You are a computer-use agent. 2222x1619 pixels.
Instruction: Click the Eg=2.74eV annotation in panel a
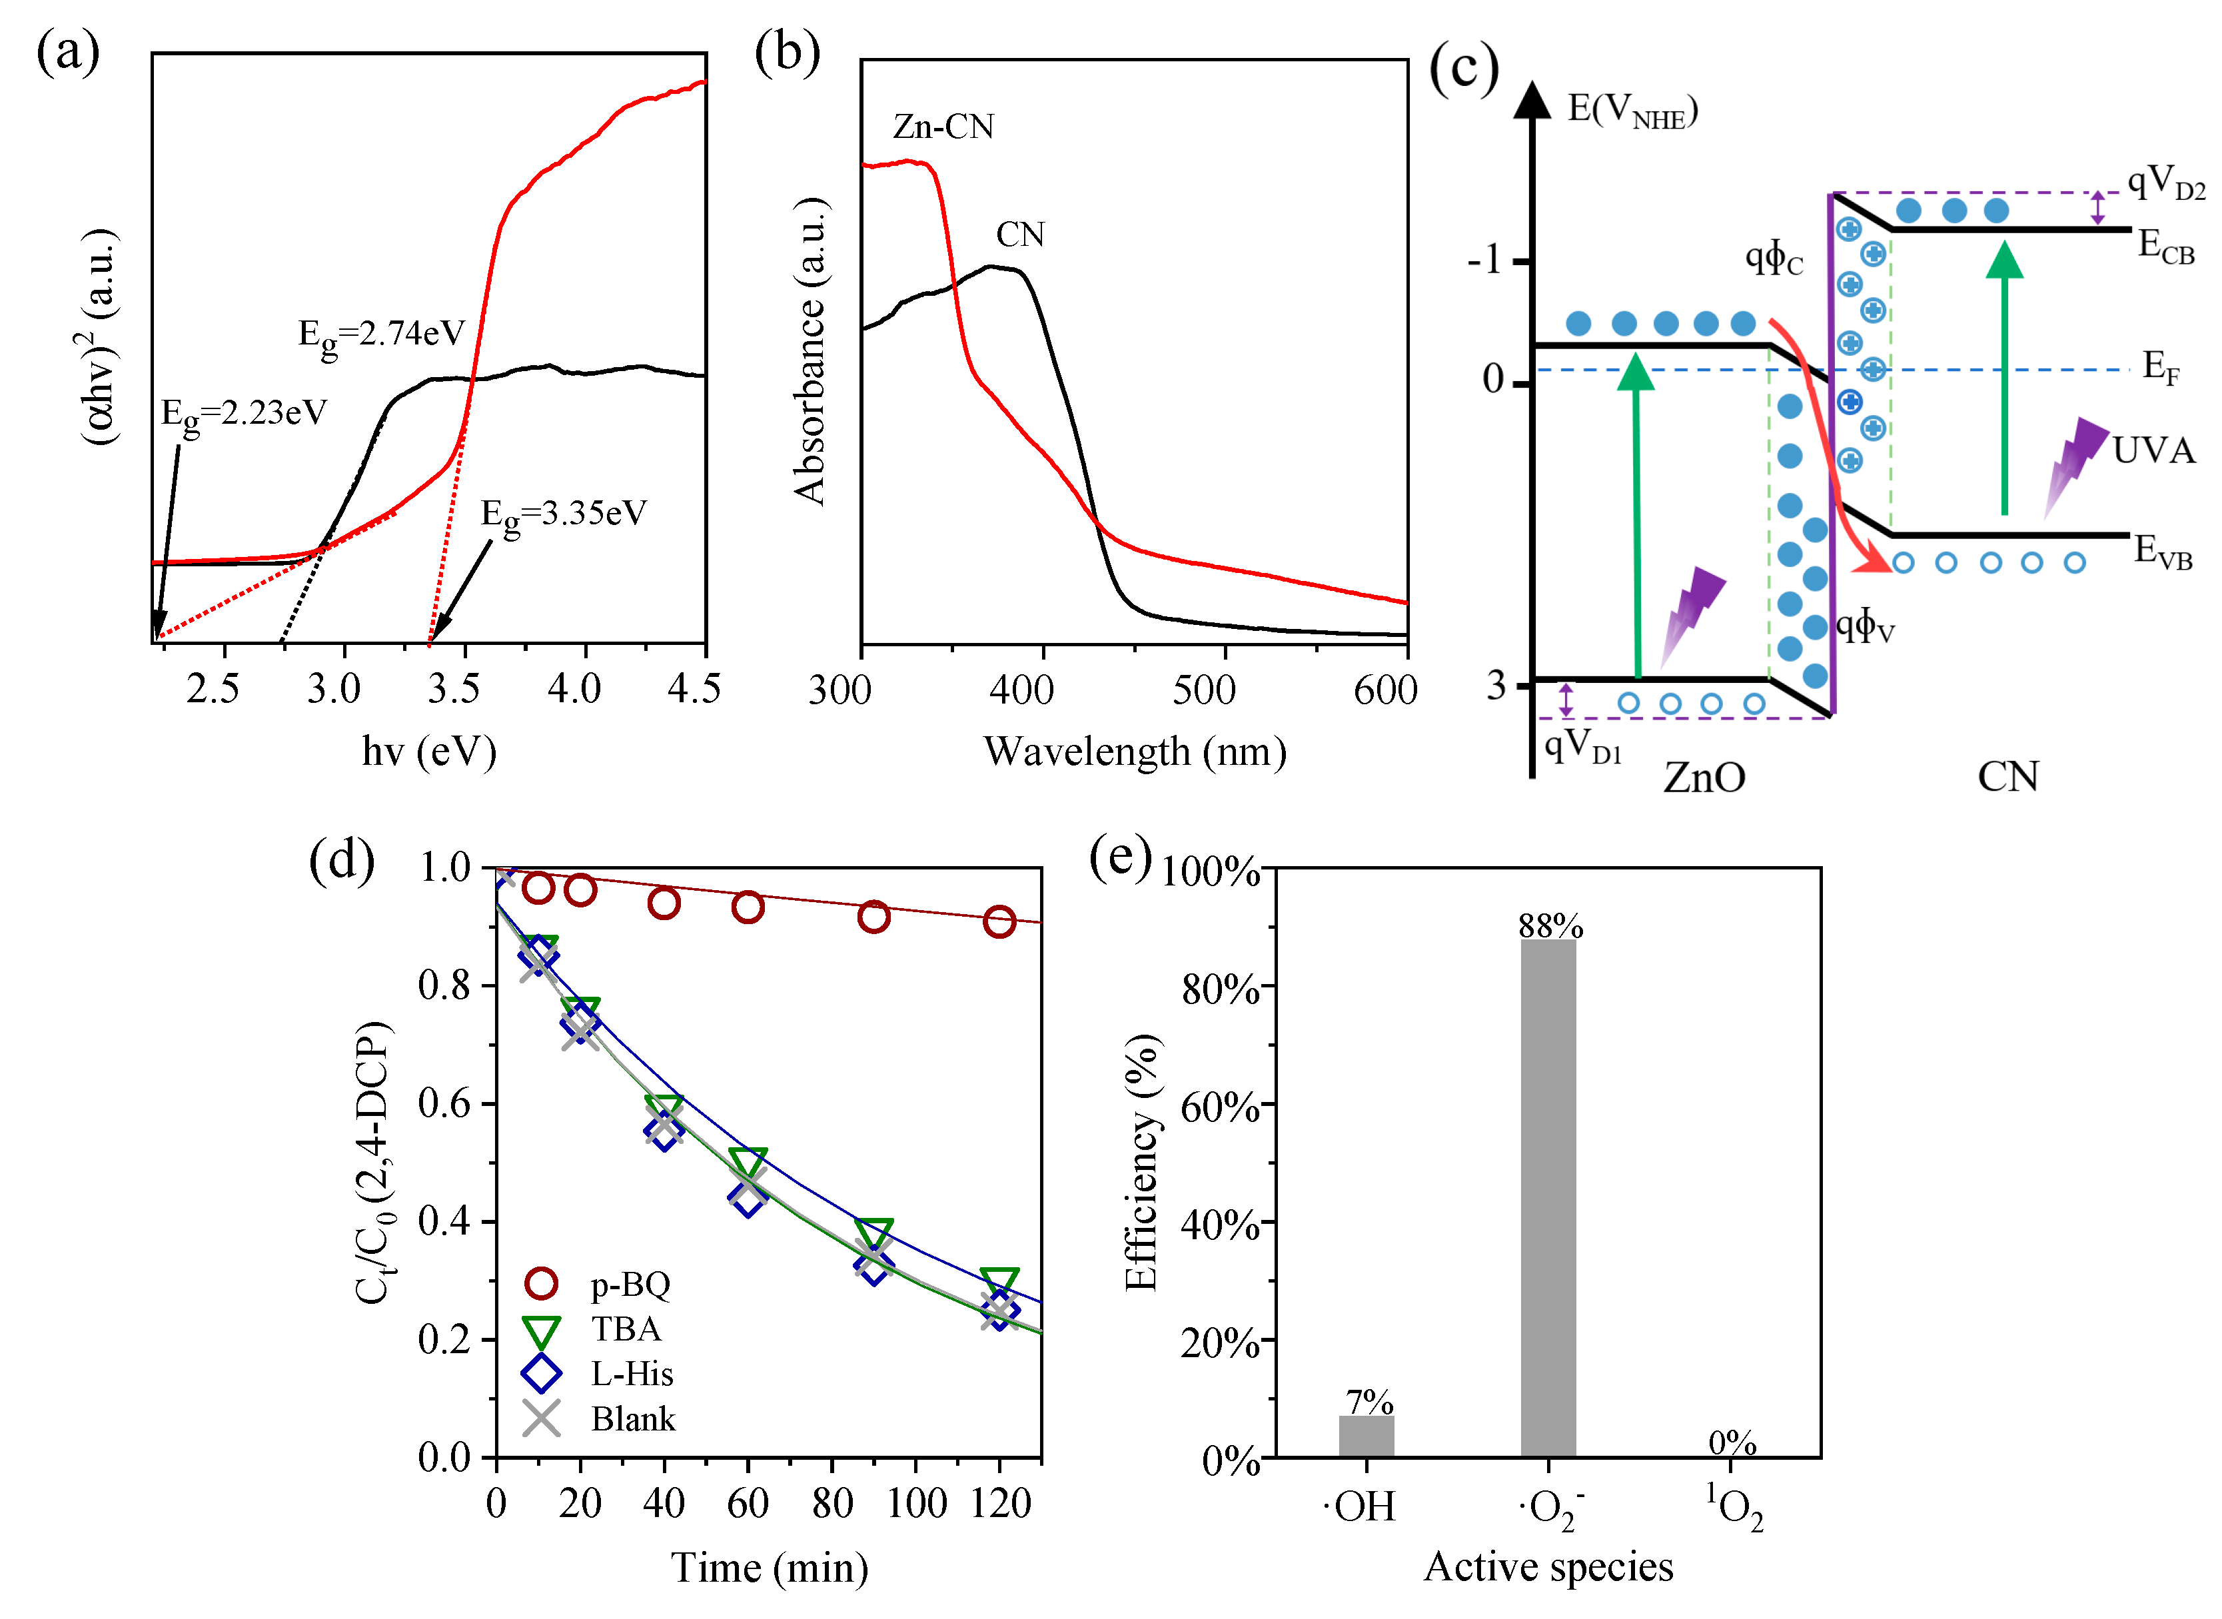coord(380,334)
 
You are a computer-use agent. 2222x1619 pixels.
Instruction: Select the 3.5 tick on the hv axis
coord(454,689)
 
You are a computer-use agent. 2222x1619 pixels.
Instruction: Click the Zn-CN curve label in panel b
coord(943,127)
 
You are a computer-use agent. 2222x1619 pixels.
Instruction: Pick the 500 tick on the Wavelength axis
coord(1204,690)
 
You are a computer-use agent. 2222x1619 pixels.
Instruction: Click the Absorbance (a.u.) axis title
coord(810,351)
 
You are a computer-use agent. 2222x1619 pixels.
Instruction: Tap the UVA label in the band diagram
coord(2153,451)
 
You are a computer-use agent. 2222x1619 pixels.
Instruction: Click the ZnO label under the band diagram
coord(1704,778)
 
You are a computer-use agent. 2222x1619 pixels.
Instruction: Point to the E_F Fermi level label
coord(2159,368)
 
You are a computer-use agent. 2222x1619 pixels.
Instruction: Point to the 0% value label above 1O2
coord(1731,1442)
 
